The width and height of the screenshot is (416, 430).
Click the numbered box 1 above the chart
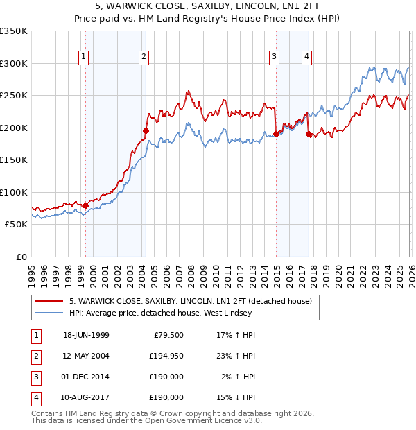[84, 57]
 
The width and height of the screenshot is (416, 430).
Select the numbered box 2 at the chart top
[144, 57]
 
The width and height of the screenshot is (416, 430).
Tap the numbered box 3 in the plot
[275, 57]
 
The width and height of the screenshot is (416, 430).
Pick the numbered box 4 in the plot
[306, 57]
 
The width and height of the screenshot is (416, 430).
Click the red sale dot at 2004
[146, 130]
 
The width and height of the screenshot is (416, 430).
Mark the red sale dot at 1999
[85, 205]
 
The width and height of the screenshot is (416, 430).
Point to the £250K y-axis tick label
[13, 96]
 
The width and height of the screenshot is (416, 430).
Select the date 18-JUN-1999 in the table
[85, 335]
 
